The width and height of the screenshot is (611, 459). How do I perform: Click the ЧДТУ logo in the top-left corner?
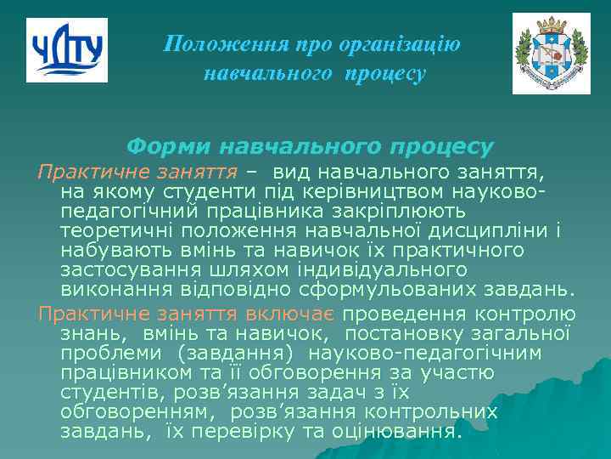click(x=67, y=49)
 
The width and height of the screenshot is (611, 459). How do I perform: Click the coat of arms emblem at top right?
click(x=551, y=54)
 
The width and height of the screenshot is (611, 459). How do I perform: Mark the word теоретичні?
click(x=114, y=231)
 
